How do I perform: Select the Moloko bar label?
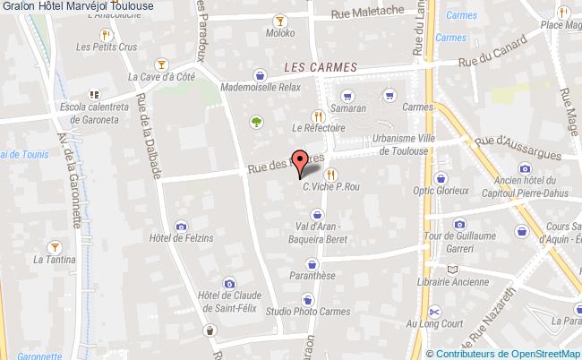279,33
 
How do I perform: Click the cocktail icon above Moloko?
279,19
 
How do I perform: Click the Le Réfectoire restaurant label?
318,129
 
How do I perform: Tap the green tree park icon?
257,121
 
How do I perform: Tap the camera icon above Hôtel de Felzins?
182,224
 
